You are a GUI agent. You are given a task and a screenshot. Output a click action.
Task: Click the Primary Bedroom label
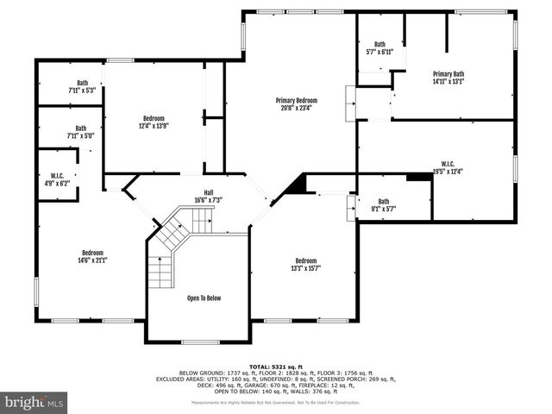[296, 100]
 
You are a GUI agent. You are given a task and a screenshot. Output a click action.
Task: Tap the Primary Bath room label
[448, 74]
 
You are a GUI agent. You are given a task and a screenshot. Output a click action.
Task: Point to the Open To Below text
[204, 298]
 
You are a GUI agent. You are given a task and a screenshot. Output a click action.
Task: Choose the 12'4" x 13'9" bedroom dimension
[154, 126]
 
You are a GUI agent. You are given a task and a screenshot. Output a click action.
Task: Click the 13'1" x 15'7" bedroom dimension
[305, 268]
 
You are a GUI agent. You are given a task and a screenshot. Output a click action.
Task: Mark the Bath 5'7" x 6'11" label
[379, 52]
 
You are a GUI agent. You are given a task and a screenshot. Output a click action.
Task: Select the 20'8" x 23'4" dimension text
[296, 108]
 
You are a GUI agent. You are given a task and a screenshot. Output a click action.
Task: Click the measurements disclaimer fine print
[275, 403]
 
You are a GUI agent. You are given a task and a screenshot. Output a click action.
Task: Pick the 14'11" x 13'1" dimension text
[448, 82]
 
